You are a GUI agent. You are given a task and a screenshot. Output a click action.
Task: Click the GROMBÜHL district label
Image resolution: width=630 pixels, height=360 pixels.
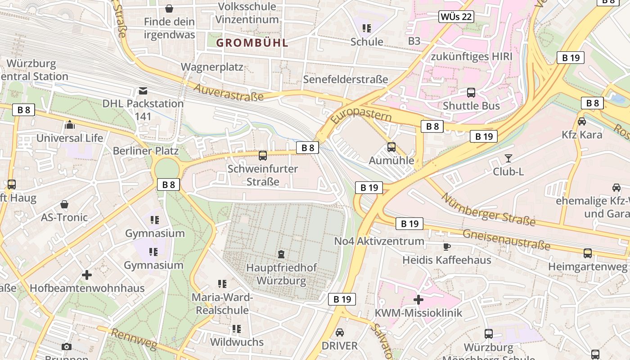pyautogui.click(x=252, y=43)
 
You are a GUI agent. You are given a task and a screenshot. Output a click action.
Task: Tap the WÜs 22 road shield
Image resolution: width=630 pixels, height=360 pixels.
pyautogui.click(x=456, y=17)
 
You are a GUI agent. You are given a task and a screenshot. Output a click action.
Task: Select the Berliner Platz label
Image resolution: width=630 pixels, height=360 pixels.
pyautogui.click(x=145, y=151)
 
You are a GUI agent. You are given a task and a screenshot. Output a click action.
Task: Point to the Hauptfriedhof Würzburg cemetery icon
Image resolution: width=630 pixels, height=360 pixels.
pyautogui.click(x=281, y=254)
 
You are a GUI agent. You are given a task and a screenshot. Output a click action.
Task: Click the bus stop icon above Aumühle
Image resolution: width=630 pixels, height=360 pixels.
pyautogui.click(x=391, y=147)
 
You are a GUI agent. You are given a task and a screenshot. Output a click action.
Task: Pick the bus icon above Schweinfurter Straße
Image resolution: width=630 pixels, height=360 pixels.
pyautogui.click(x=263, y=156)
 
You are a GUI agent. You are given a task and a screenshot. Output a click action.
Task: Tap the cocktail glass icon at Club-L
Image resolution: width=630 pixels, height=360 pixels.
pyautogui.click(x=508, y=158)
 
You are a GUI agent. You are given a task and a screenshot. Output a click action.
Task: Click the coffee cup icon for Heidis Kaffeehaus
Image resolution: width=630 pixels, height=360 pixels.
pyautogui.click(x=446, y=247)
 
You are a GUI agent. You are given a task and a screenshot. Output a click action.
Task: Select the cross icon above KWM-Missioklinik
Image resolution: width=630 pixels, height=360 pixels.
pyautogui.click(x=418, y=299)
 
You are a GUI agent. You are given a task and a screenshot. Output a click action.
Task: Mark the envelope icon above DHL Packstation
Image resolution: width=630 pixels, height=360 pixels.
pyautogui.click(x=143, y=91)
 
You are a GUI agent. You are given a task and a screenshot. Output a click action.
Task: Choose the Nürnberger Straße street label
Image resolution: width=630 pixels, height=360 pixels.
pyautogui.click(x=488, y=209)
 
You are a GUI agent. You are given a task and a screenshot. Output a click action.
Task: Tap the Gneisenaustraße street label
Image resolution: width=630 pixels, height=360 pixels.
pyautogui.click(x=506, y=239)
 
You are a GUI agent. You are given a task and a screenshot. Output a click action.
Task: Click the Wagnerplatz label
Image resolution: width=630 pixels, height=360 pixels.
pyautogui.click(x=212, y=67)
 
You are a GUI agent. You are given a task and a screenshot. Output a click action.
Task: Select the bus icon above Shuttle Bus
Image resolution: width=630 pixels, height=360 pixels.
pyautogui.click(x=471, y=93)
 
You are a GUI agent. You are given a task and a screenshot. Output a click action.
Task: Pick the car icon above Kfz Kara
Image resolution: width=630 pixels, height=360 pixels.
pyautogui.click(x=582, y=121)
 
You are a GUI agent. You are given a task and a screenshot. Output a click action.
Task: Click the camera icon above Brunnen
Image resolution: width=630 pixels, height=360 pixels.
pyautogui.click(x=67, y=346)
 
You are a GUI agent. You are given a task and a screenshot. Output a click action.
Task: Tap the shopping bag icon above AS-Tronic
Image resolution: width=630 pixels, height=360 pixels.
pyautogui.click(x=64, y=204)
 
